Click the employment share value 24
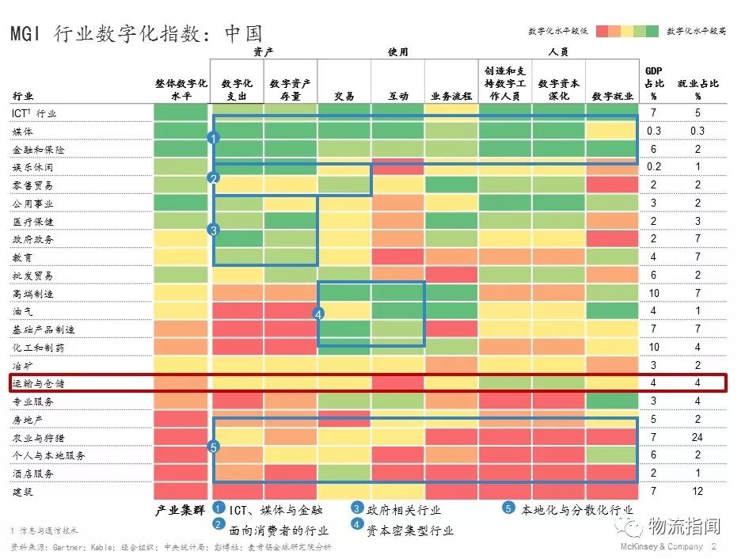698,437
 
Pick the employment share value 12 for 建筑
698,492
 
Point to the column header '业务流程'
451,96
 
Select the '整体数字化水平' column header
181,89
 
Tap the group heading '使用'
397,52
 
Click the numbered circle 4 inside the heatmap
318,314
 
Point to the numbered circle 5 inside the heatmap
214,447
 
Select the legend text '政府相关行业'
403,510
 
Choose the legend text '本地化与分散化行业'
577,510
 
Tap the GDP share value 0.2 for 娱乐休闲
654,167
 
